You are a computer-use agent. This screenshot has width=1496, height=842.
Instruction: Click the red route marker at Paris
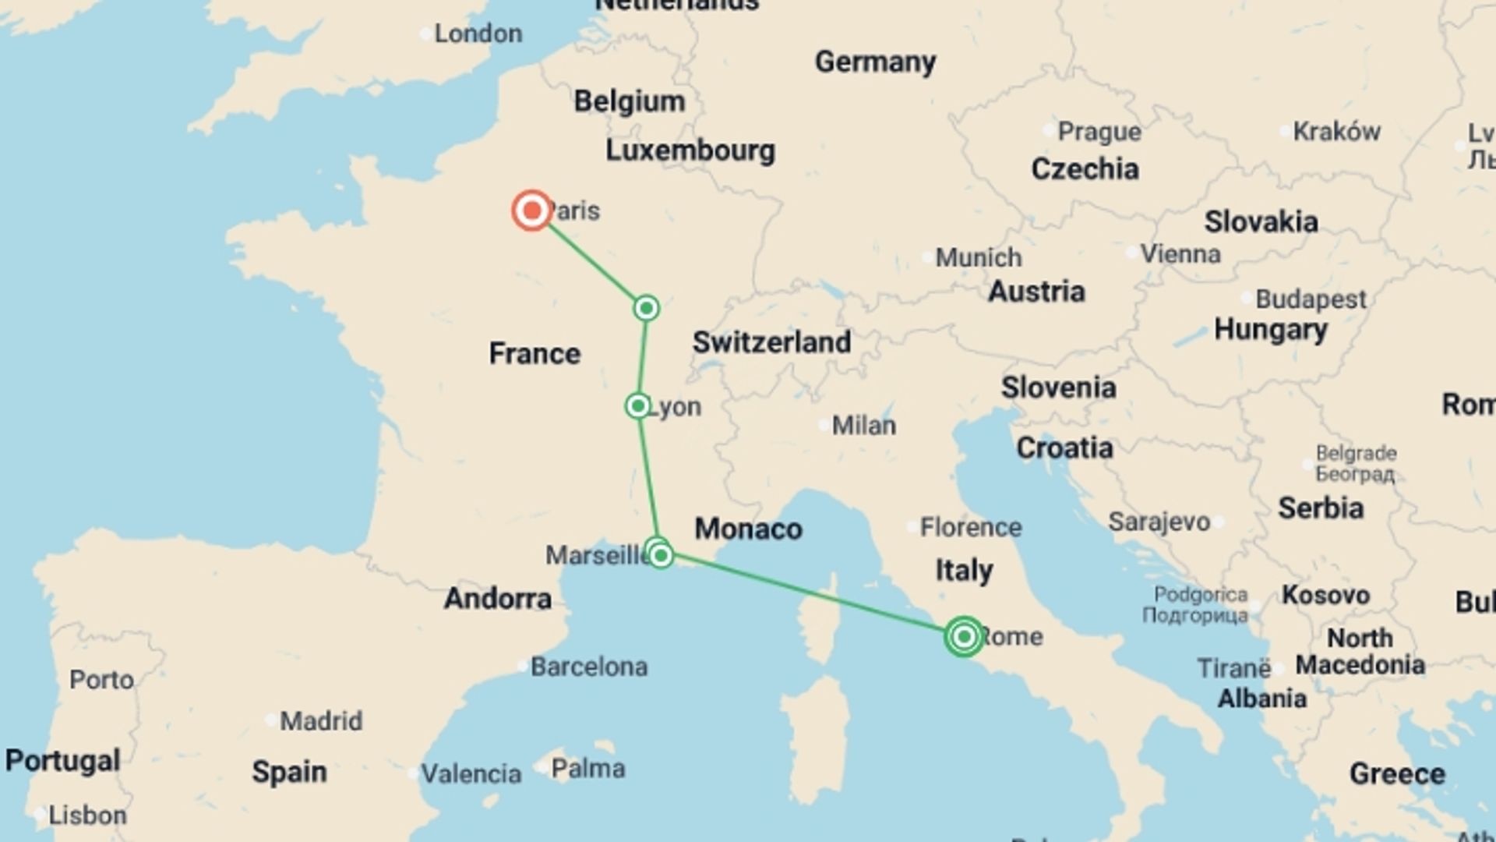(x=532, y=210)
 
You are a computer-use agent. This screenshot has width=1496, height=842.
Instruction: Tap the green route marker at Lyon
(x=638, y=406)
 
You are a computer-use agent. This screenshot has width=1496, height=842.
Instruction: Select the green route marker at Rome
(x=964, y=637)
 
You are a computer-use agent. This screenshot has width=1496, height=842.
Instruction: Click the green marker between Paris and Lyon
(x=646, y=308)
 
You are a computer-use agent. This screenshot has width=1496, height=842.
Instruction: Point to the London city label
(x=478, y=34)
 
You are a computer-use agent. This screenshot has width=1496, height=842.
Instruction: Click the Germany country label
(x=875, y=62)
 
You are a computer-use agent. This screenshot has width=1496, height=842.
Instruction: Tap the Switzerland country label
(x=771, y=342)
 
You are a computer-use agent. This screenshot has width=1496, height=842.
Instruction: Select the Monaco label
(x=748, y=529)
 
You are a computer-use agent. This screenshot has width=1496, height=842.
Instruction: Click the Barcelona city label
(x=589, y=667)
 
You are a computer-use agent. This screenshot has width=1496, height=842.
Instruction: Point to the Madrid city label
(x=321, y=720)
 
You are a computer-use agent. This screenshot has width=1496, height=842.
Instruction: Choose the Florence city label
(x=970, y=527)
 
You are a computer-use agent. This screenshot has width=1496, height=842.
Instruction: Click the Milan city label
(x=863, y=426)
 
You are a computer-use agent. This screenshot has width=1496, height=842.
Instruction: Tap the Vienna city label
(x=1180, y=253)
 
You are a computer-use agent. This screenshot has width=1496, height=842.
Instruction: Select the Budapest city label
(x=1311, y=299)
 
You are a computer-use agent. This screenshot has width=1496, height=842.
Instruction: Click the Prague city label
(x=1099, y=132)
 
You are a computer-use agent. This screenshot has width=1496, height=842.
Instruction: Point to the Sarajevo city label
(x=1159, y=522)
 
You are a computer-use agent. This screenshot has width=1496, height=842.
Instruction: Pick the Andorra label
(x=498, y=599)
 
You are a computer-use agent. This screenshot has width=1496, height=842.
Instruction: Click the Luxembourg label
(x=690, y=150)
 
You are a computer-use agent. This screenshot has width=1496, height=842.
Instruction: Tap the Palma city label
(x=587, y=769)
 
